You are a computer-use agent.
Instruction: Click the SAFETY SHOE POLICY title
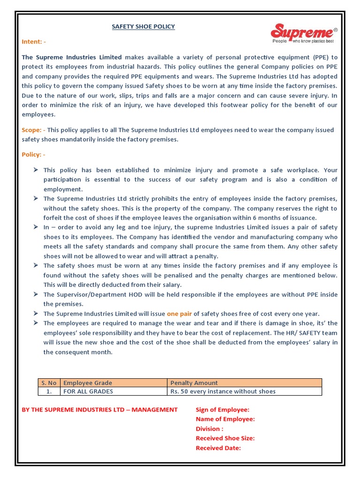coord(143,27)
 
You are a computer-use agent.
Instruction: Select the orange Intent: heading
coord(34,42)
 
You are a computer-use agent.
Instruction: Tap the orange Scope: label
coord(33,130)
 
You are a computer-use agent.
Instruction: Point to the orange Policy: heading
coord(34,154)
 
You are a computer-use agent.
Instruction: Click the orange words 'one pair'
coord(180,314)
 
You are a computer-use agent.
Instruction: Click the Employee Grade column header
coord(88,382)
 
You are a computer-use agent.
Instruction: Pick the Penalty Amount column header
coord(194,382)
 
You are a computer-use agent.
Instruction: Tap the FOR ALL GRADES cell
coord(88,391)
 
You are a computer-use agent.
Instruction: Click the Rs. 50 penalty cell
coord(223,391)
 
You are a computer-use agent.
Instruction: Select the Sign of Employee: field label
coord(222,410)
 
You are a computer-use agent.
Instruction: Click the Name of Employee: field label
coord(225,419)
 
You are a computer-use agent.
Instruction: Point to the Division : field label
coord(210,429)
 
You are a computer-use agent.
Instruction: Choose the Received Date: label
coord(218,448)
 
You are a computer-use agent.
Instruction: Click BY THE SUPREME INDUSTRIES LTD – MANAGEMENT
coord(100,410)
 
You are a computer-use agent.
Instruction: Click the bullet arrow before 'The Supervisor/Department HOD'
coord(36,294)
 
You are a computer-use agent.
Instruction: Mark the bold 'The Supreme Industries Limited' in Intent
coord(72,57)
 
